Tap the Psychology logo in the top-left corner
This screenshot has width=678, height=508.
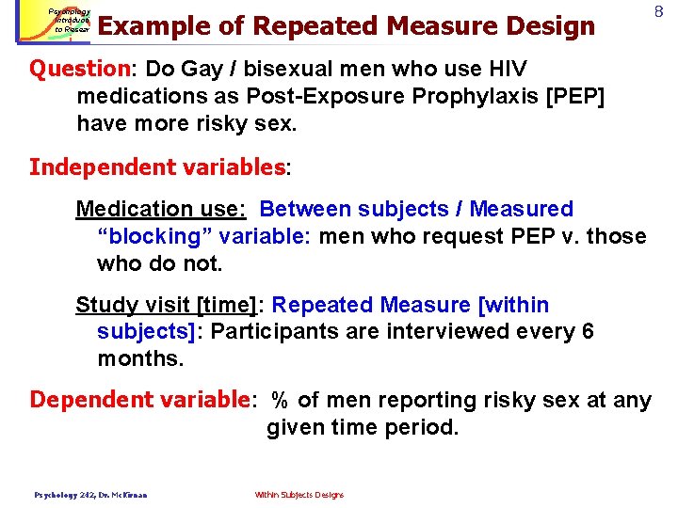[56, 22]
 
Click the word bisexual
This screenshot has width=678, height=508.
[246, 69]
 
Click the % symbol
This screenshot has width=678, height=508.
[280, 400]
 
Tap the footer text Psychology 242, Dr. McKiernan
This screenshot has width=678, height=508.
[90, 495]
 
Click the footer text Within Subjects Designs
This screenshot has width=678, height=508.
[299, 495]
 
